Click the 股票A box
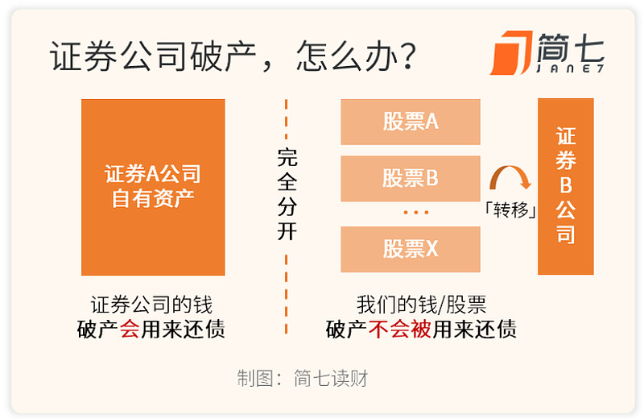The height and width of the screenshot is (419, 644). [411, 122]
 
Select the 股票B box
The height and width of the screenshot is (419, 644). [411, 178]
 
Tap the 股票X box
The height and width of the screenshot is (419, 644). [411, 249]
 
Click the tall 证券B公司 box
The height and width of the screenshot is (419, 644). [566, 186]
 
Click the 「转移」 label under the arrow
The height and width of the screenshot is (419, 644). [510, 210]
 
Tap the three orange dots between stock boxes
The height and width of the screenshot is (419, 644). [416, 213]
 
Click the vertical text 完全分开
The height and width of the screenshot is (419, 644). [287, 193]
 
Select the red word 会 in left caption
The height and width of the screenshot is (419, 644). [130, 329]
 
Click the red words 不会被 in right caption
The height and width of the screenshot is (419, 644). [400, 329]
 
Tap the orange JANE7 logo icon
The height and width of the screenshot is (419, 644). [511, 53]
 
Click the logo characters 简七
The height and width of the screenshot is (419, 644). [571, 48]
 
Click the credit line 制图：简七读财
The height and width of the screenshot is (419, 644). [303, 378]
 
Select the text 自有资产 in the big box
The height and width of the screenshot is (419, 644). [153, 198]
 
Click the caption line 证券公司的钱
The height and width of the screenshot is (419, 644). [151, 305]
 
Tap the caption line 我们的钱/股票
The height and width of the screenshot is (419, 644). [421, 305]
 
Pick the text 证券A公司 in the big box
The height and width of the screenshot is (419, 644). [153, 173]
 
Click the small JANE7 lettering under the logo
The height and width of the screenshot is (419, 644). [571, 69]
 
